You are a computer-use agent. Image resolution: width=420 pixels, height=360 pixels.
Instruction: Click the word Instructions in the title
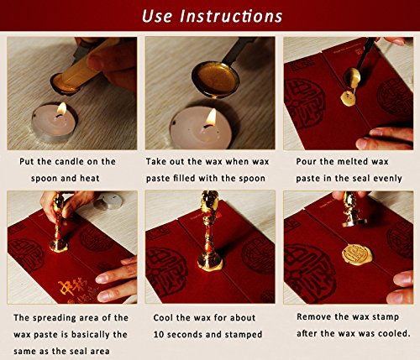point(231,16)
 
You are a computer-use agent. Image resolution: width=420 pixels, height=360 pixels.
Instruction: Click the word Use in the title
point(157,16)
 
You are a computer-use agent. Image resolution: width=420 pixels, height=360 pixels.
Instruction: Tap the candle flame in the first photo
point(61,109)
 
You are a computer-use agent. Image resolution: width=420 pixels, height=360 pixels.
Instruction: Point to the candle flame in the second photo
point(212,117)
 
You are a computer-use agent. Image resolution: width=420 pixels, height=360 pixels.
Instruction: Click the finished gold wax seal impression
point(356,254)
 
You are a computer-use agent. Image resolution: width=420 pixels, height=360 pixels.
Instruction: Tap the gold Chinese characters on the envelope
point(72,289)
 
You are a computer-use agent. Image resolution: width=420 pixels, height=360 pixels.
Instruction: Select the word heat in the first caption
point(90,179)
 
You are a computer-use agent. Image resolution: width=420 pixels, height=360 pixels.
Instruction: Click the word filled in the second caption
point(184,178)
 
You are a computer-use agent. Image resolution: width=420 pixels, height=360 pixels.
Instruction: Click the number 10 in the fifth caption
point(159,335)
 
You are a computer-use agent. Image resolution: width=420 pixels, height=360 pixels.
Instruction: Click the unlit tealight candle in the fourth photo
point(108,201)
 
